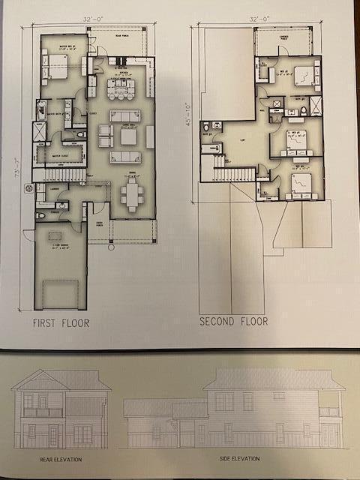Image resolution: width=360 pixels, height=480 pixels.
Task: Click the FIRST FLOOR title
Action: pyautogui.click(x=61, y=323)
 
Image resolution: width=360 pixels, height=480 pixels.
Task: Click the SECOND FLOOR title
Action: pyautogui.click(x=233, y=321)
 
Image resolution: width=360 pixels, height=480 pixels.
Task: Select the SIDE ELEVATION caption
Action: pyautogui.click(x=235, y=458)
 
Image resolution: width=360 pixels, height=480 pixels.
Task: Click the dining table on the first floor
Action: pyautogui.click(x=132, y=196)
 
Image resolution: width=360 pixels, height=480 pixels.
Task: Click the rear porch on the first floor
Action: pyautogui.click(x=118, y=41)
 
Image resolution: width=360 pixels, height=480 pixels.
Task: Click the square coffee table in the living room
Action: pyautogui.click(x=128, y=137)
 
